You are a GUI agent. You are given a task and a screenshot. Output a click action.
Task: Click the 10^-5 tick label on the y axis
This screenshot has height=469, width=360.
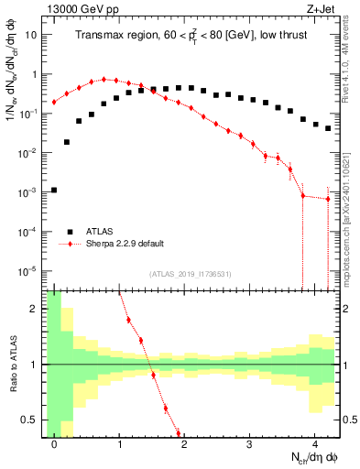[x=27, y=271]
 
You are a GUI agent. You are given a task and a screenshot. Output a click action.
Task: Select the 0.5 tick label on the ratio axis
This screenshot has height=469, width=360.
[x=30, y=420]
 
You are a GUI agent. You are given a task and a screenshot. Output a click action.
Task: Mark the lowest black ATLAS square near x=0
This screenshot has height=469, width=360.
[x=54, y=191]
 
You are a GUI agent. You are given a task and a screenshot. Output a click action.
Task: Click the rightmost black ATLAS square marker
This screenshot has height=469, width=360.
[x=328, y=128]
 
